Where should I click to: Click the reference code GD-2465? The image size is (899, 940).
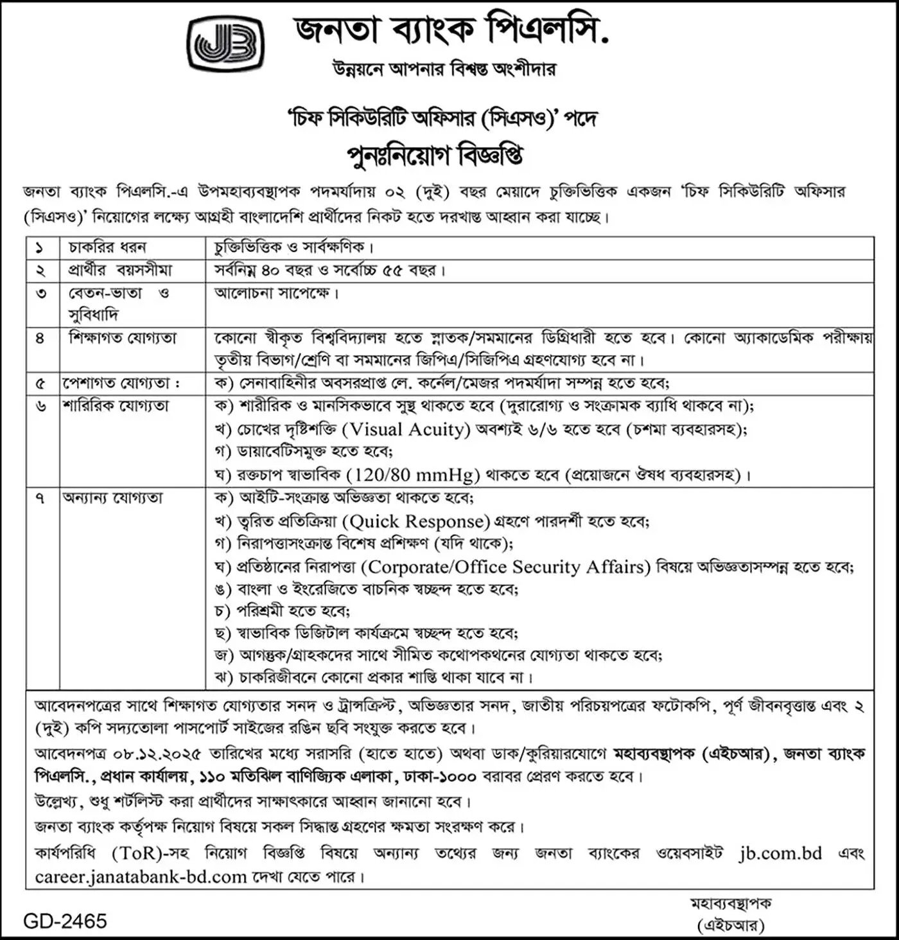point(65,921)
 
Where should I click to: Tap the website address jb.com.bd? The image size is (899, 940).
point(780,853)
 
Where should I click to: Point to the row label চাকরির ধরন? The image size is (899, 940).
point(107,247)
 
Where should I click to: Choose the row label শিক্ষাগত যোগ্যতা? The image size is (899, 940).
point(123,338)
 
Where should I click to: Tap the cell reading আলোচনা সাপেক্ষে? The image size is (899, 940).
point(276,294)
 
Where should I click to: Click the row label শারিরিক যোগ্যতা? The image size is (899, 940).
point(116,406)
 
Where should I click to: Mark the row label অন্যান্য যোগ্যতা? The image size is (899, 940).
point(113,498)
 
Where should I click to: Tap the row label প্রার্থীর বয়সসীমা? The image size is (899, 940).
point(121,270)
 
